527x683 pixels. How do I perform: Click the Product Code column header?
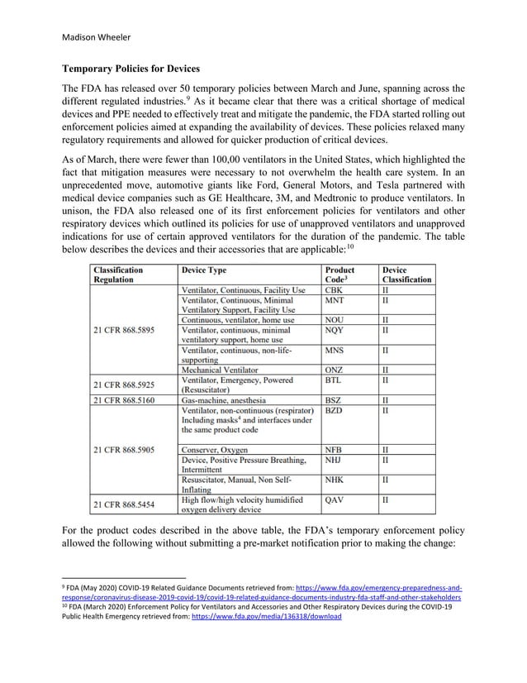(339, 275)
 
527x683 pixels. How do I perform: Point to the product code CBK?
(335, 291)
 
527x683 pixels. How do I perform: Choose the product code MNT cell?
(335, 302)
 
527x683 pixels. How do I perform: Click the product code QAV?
(335, 500)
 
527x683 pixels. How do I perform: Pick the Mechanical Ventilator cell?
(220, 370)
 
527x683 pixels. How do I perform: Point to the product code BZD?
(335, 410)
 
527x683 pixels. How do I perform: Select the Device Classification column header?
(406, 275)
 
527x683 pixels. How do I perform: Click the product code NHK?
(335, 479)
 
